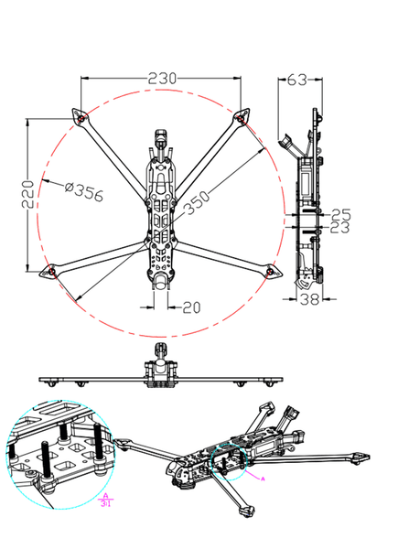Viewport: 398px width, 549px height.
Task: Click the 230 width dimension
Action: pos(162,80)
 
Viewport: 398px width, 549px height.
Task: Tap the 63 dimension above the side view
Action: pos(296,80)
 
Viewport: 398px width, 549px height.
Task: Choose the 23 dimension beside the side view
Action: pos(340,227)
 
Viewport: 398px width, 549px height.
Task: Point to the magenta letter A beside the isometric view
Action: pos(263,479)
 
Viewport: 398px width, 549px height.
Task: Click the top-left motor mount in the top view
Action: pos(80,117)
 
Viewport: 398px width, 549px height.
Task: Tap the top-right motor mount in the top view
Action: pos(242,116)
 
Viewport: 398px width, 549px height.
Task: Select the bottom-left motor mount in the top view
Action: pos(52,272)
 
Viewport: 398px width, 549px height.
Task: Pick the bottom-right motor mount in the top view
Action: pos(270,271)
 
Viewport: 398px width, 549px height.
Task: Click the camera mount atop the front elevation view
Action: pos(161,351)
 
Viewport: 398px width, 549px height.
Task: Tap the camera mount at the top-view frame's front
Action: pos(161,141)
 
